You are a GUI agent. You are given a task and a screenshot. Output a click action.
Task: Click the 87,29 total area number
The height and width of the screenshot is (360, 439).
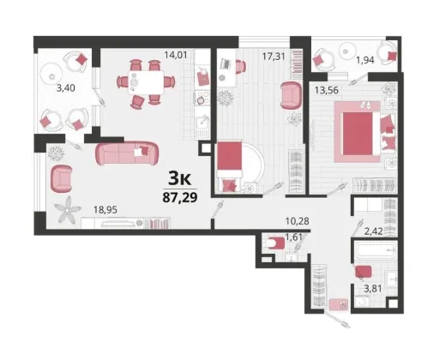pos(180,197)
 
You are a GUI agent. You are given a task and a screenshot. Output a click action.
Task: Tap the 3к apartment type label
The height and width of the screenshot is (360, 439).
pos(179,178)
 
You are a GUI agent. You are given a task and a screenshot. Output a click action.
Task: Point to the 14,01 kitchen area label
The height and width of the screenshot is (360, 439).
pos(176,55)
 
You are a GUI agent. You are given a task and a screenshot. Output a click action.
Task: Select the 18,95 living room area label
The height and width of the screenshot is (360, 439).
pos(105,210)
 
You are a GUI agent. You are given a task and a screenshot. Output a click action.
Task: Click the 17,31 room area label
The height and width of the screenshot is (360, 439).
pos(274,57)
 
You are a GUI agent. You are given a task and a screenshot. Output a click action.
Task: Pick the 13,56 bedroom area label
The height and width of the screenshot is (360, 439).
pos(327,90)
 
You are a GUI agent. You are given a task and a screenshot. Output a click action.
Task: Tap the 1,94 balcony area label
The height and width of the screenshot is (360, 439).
pos(365,60)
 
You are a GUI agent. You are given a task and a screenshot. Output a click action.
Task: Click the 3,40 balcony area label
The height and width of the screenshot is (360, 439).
pos(66,88)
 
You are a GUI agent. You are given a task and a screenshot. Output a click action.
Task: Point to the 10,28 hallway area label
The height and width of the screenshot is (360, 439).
pos(298,221)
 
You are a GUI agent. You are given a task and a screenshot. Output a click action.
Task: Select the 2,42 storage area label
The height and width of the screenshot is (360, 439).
pos(374,231)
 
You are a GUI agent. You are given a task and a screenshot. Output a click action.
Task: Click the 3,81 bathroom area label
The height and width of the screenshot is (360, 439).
pos(373,289)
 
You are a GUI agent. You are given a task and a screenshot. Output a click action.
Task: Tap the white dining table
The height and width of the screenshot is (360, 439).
pos(146,82)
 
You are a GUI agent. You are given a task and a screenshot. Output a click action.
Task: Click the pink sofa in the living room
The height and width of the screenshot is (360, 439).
pos(127,153)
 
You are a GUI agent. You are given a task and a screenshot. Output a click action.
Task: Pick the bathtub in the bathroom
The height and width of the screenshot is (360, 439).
pos(376,249)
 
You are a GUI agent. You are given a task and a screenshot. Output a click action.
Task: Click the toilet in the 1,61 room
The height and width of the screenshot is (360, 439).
pos(274,243)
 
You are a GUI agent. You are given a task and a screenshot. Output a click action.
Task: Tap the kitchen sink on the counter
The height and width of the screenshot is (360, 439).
pos(202,123)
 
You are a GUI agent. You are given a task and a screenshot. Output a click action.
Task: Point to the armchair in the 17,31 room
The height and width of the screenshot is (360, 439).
pos(291,95)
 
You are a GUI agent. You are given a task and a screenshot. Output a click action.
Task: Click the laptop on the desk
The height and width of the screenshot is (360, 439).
pos(226,63)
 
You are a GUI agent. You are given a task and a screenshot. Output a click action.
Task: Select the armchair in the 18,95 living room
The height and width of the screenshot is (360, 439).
pos(61,178)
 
